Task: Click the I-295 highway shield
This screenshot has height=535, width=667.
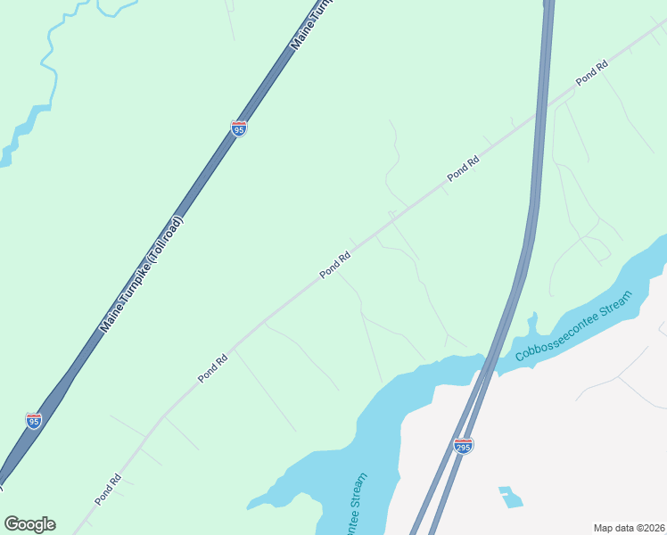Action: (x=462, y=445)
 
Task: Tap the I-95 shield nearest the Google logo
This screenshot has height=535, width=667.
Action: (x=34, y=420)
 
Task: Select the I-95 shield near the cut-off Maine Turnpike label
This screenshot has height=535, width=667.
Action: (x=238, y=128)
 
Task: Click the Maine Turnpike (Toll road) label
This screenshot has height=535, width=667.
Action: (x=141, y=275)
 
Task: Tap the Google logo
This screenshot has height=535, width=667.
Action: (x=29, y=524)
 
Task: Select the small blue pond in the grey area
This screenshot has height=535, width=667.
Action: (x=510, y=497)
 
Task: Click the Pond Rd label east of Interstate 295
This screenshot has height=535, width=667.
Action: (x=591, y=72)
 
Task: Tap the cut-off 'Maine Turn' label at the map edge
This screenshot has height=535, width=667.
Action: (x=306, y=27)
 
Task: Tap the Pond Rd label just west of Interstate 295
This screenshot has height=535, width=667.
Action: (x=464, y=169)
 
